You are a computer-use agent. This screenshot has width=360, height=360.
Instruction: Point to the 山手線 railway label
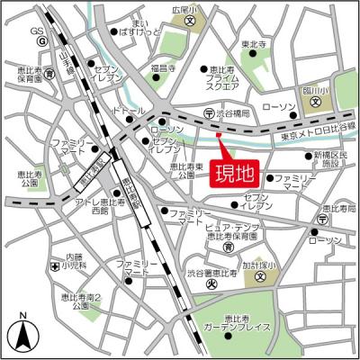click(66, 62)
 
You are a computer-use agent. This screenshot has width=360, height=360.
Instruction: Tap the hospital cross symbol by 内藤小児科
click(56, 267)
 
